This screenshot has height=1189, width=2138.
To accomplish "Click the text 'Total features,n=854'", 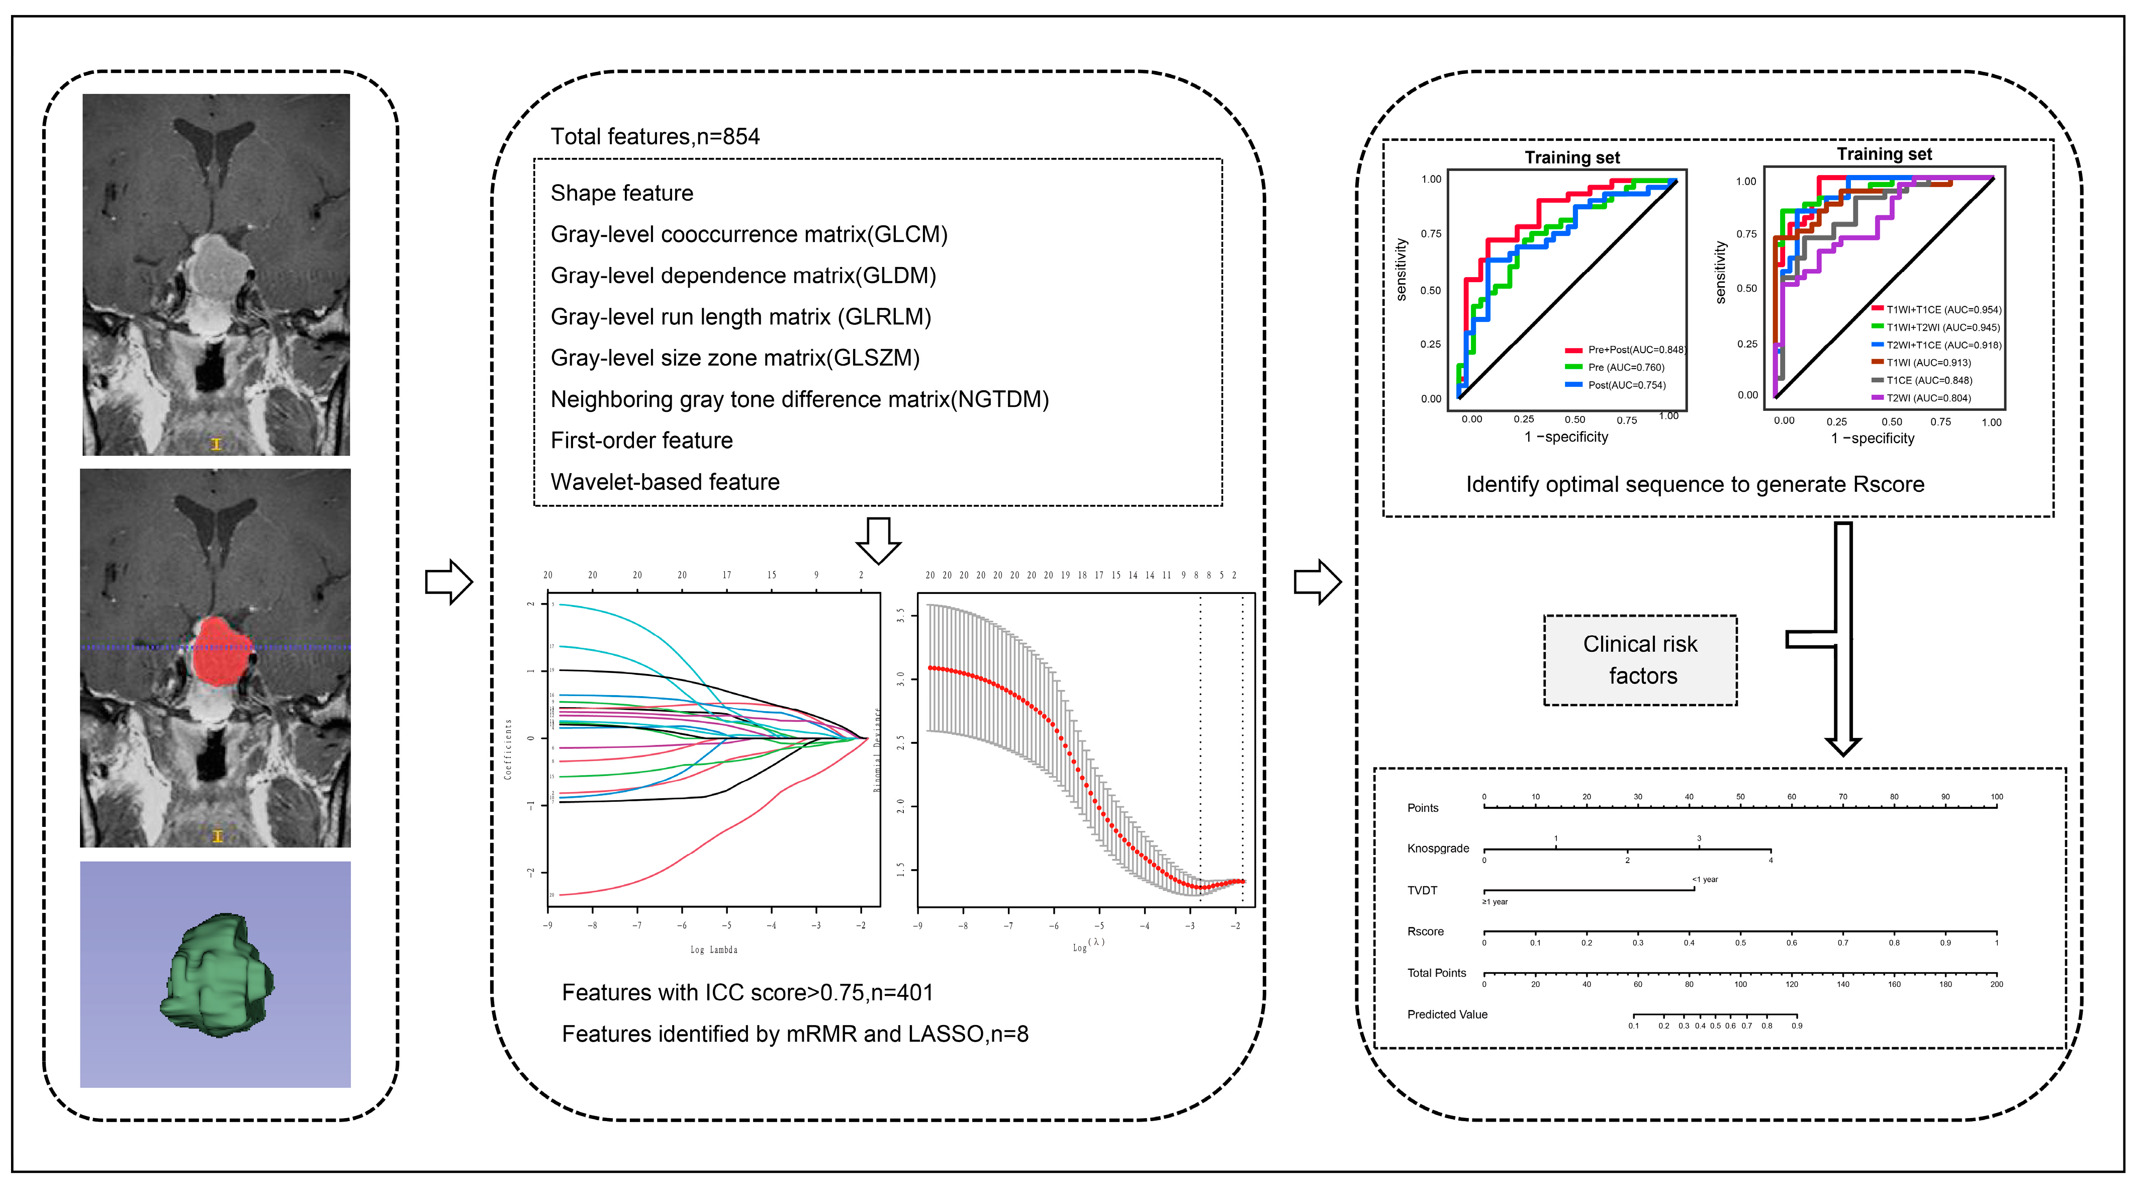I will [655, 137].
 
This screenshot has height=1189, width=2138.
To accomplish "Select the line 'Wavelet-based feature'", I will [665, 482].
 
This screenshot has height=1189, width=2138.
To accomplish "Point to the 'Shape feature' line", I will [622, 194].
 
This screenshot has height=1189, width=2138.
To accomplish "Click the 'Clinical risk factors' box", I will [1640, 660].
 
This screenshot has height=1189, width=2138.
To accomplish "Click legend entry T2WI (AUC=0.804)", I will [1928, 398].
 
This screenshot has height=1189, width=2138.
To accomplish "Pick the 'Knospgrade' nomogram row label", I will [1438, 848].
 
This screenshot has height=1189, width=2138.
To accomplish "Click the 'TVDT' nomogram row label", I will [1422, 891].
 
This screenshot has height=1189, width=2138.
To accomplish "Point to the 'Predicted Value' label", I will [1447, 1014].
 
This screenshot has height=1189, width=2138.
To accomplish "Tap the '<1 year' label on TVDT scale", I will [1705, 879].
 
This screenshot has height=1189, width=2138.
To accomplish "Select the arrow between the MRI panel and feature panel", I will [448, 581].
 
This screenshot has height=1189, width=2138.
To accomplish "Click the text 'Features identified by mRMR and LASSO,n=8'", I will [794, 1035].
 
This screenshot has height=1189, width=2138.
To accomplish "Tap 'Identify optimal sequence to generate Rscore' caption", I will [1694, 485].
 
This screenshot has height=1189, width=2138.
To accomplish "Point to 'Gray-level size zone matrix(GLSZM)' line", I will [734, 359].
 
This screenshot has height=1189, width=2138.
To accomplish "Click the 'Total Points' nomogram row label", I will [1436, 973].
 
